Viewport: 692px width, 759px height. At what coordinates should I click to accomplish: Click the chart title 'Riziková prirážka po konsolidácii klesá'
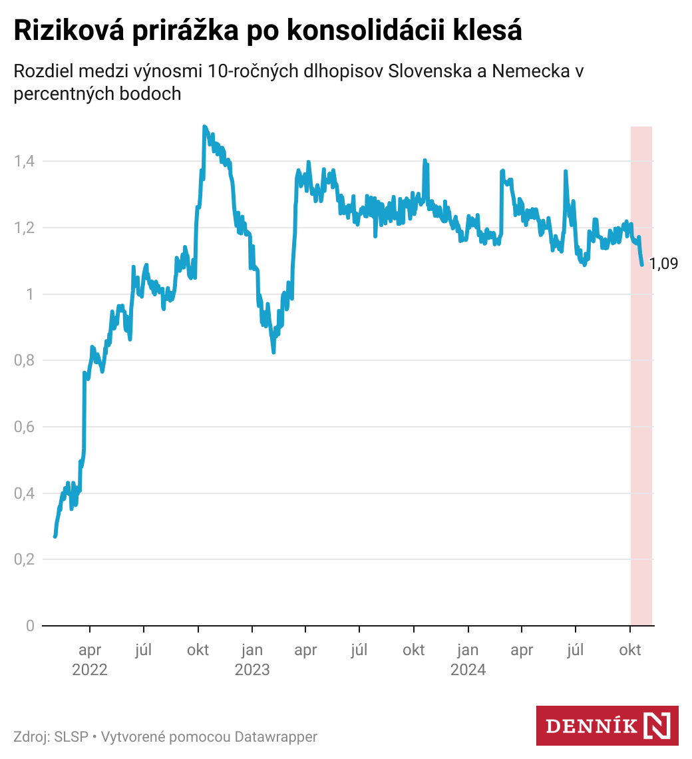[x=267, y=31]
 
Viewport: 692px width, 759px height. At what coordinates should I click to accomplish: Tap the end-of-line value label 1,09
[x=663, y=264]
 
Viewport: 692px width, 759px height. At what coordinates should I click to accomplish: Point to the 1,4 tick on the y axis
[x=25, y=161]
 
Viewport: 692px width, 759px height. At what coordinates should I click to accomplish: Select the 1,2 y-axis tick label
[x=25, y=228]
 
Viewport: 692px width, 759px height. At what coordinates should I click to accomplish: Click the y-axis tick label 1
[x=30, y=294]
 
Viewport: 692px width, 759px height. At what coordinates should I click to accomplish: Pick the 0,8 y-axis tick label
[x=25, y=360]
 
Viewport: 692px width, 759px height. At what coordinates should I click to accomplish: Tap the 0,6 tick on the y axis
[x=25, y=427]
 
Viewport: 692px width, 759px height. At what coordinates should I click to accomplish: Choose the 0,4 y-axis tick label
[x=25, y=493]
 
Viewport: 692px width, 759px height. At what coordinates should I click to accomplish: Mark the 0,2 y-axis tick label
[x=25, y=559]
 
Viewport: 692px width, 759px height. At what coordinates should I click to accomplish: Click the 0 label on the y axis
[x=30, y=626]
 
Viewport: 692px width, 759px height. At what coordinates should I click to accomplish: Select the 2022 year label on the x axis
[x=90, y=669]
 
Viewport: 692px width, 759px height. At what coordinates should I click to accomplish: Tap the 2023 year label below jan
[x=252, y=669]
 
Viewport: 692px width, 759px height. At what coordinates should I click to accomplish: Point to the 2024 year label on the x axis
[x=468, y=669]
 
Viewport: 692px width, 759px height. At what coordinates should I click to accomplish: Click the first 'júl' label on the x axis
[x=144, y=650]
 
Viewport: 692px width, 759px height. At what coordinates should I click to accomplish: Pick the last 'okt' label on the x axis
[x=630, y=650]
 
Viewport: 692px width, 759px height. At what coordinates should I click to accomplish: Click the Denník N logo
[x=607, y=726]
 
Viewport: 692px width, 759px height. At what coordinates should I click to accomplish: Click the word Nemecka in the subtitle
[x=529, y=71]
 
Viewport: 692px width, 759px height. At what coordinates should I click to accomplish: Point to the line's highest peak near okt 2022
[x=204, y=126]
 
